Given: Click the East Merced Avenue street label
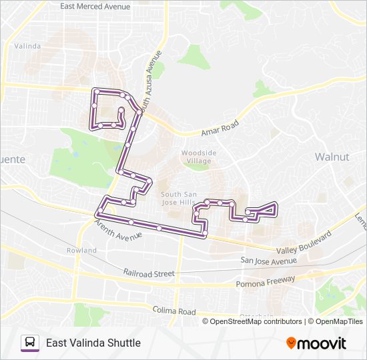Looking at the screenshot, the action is click(x=95, y=6).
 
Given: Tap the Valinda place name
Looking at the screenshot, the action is click(x=27, y=46).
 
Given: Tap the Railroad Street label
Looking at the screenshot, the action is click(x=148, y=273).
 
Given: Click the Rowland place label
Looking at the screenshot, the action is click(x=81, y=250).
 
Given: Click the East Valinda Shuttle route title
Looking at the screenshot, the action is click(x=93, y=343).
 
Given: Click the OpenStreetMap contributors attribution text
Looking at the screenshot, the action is click(x=256, y=321).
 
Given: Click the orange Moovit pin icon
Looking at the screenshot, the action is click(x=291, y=343).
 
